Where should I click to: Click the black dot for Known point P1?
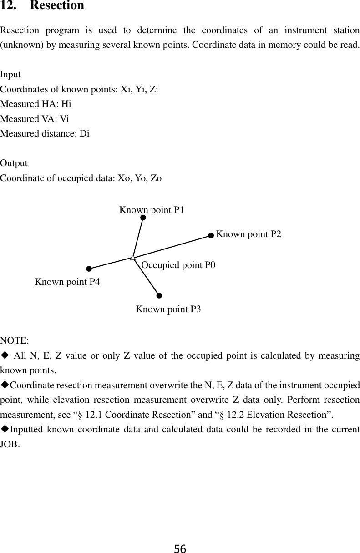[143, 218]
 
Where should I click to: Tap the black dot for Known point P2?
[211, 235]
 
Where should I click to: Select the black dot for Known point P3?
[159, 295]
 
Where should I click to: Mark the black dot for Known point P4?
[89, 269]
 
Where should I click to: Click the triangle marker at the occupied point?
[132, 258]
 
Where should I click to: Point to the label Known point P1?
[152, 210]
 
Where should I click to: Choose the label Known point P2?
[248, 234]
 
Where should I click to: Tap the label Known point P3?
[168, 309]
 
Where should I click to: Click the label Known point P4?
[67, 282]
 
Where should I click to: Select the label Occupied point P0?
[178, 265]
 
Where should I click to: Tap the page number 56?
[180, 548]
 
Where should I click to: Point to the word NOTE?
[15, 340]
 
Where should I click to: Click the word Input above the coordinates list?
[10, 74]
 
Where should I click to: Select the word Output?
[14, 163]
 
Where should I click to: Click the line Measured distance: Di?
[45, 134]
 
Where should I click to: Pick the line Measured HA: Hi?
[35, 104]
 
